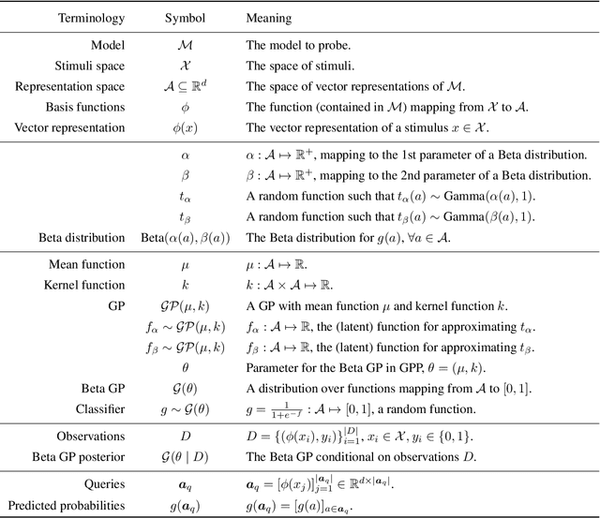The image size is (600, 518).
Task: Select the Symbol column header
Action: point(185,19)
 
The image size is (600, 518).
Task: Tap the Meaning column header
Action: point(270,19)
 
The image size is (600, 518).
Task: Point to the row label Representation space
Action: point(69,86)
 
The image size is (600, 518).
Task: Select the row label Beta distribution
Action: point(82,238)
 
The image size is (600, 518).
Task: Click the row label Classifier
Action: point(99,409)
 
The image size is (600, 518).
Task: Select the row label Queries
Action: point(104,484)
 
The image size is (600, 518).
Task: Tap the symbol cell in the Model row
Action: point(185,45)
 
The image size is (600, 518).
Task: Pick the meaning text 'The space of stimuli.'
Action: point(299,66)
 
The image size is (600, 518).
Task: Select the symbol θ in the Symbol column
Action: point(185,368)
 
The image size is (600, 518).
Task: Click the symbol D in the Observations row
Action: point(185,437)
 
